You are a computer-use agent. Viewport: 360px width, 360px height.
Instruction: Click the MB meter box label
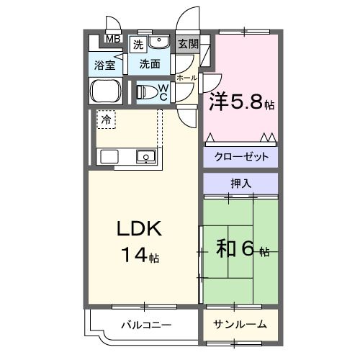tap(113, 39)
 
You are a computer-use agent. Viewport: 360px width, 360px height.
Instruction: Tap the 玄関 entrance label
tap(188, 44)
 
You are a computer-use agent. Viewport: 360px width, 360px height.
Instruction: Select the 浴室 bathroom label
tap(104, 66)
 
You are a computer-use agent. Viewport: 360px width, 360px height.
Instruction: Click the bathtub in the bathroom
tap(106, 91)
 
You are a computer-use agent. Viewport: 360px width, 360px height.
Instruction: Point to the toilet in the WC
tap(147, 92)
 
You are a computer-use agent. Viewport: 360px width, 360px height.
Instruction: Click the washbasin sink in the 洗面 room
tap(158, 41)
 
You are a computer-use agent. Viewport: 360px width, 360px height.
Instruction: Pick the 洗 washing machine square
tap(138, 45)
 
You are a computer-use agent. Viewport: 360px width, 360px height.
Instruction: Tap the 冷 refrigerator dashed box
tap(107, 120)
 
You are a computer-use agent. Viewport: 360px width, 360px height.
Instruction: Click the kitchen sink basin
tap(146, 156)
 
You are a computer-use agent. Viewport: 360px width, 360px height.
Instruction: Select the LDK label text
tap(139, 229)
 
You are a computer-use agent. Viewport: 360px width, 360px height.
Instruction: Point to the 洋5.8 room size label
tap(242, 102)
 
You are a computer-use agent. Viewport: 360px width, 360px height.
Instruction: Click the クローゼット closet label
tap(241, 157)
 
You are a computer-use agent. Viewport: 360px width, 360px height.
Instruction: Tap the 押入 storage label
tap(241, 184)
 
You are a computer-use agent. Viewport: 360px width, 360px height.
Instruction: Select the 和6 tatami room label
tap(242, 248)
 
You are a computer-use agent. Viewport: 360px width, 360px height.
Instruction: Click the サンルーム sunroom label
tap(240, 325)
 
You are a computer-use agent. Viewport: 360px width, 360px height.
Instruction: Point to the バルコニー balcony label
tap(146, 325)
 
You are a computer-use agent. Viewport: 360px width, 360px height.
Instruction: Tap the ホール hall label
tap(186, 78)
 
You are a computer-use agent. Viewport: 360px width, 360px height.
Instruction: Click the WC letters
tap(163, 93)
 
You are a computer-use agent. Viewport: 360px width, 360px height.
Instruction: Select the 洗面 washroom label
tap(150, 64)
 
